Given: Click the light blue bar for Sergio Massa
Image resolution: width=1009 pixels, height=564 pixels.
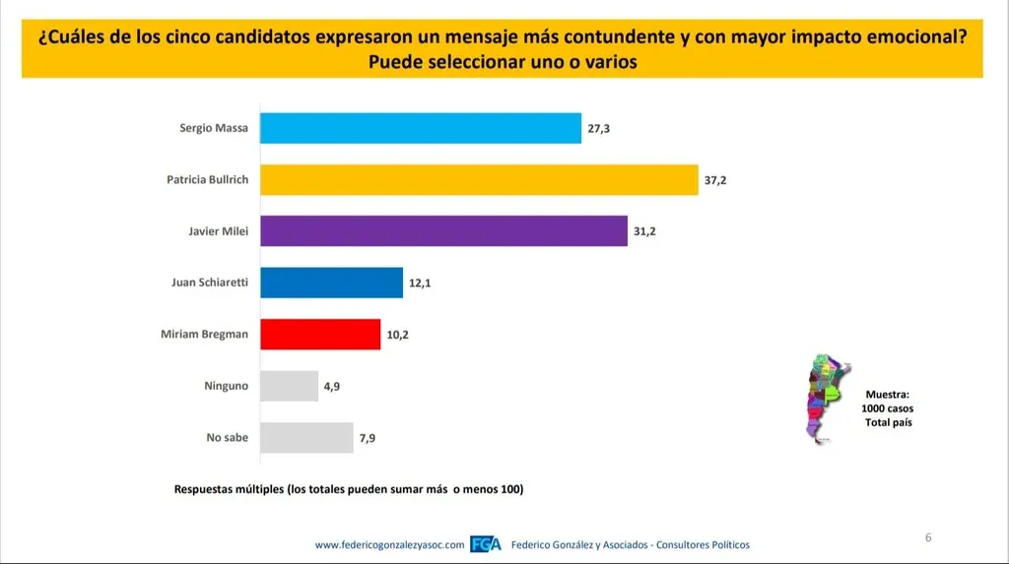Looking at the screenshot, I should tap(421, 128).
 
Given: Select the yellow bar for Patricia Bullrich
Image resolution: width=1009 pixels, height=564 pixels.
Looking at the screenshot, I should tap(479, 180).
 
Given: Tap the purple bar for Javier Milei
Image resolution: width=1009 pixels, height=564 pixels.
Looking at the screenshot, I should tap(443, 231).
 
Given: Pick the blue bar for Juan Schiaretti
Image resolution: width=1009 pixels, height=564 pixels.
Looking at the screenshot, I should tap(331, 282).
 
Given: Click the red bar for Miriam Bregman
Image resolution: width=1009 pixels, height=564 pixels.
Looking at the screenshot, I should tap(320, 335).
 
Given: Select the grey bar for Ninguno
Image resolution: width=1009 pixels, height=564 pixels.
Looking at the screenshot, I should tap(289, 386).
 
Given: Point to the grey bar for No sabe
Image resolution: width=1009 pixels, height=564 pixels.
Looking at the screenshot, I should tap(306, 437).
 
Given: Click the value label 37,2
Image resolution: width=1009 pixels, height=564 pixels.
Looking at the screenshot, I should tap(716, 180).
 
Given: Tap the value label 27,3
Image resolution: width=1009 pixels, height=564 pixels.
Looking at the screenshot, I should tap(599, 128).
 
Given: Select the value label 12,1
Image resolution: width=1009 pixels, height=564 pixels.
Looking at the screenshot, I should tap(421, 282).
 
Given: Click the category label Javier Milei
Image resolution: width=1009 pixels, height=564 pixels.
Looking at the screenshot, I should tap(218, 231).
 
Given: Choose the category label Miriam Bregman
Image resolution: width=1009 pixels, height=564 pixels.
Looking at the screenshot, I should tap(204, 335).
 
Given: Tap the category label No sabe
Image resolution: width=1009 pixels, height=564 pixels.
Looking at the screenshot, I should tap(227, 437).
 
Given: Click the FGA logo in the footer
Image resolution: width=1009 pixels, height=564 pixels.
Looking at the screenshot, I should tap(487, 544).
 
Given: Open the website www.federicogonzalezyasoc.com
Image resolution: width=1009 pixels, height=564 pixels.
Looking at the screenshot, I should tap(389, 545).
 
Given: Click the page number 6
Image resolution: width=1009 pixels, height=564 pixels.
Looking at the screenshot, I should tap(928, 537).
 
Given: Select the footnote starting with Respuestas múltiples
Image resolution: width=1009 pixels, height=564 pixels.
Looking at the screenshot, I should tap(348, 488).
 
